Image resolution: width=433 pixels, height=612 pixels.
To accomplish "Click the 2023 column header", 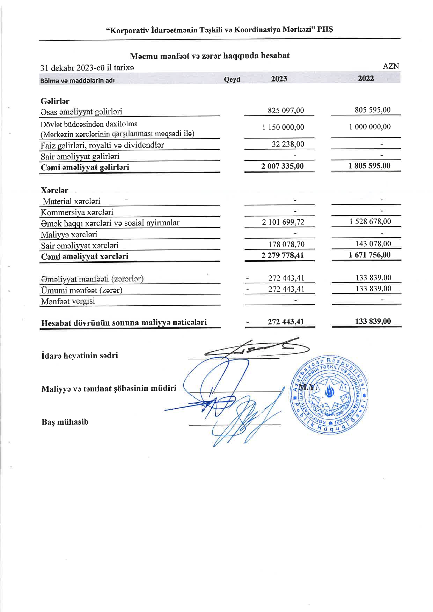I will click(x=279, y=79).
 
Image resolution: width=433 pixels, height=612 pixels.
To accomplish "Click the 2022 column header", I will click(x=366, y=79).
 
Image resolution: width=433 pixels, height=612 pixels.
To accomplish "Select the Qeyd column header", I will click(x=232, y=80).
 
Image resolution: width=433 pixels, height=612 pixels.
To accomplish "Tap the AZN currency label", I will click(x=391, y=66).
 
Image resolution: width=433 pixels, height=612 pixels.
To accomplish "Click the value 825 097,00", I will click(x=286, y=111).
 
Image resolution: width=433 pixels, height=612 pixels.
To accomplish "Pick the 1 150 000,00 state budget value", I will click(x=283, y=127).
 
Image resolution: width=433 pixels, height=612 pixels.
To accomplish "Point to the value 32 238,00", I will click(x=288, y=144).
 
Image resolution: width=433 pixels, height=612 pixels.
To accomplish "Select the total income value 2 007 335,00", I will click(x=282, y=166).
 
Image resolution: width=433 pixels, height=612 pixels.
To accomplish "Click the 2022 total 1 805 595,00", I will click(x=369, y=166).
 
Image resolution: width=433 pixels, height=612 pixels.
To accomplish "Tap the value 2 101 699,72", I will click(x=283, y=222).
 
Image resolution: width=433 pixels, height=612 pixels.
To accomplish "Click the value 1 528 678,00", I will click(x=370, y=222).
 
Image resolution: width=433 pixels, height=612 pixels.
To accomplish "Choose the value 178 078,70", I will click(x=286, y=244).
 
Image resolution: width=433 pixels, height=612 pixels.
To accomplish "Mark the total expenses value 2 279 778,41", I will click(x=282, y=255).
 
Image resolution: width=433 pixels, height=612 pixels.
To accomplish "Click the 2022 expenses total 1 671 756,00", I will click(x=369, y=255).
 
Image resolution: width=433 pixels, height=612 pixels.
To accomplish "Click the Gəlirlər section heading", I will click(x=55, y=101).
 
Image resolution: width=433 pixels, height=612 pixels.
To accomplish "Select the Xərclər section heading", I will click(x=54, y=191).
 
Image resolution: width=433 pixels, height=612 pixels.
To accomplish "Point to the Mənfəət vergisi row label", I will click(x=68, y=301).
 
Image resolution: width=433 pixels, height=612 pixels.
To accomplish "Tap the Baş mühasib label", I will click(x=65, y=422).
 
